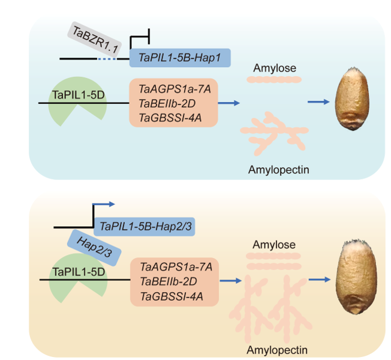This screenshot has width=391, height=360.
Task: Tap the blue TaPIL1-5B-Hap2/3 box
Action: pos(146,227)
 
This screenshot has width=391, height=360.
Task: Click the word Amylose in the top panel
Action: pos(275,68)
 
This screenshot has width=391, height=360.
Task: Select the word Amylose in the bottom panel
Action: pos(273,245)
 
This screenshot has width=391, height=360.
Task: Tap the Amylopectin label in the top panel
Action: pos(278,170)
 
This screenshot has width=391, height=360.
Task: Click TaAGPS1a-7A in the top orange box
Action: pos(174,89)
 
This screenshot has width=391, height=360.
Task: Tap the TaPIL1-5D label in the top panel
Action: pos(79,94)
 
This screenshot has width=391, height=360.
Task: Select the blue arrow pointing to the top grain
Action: pos(318,102)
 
